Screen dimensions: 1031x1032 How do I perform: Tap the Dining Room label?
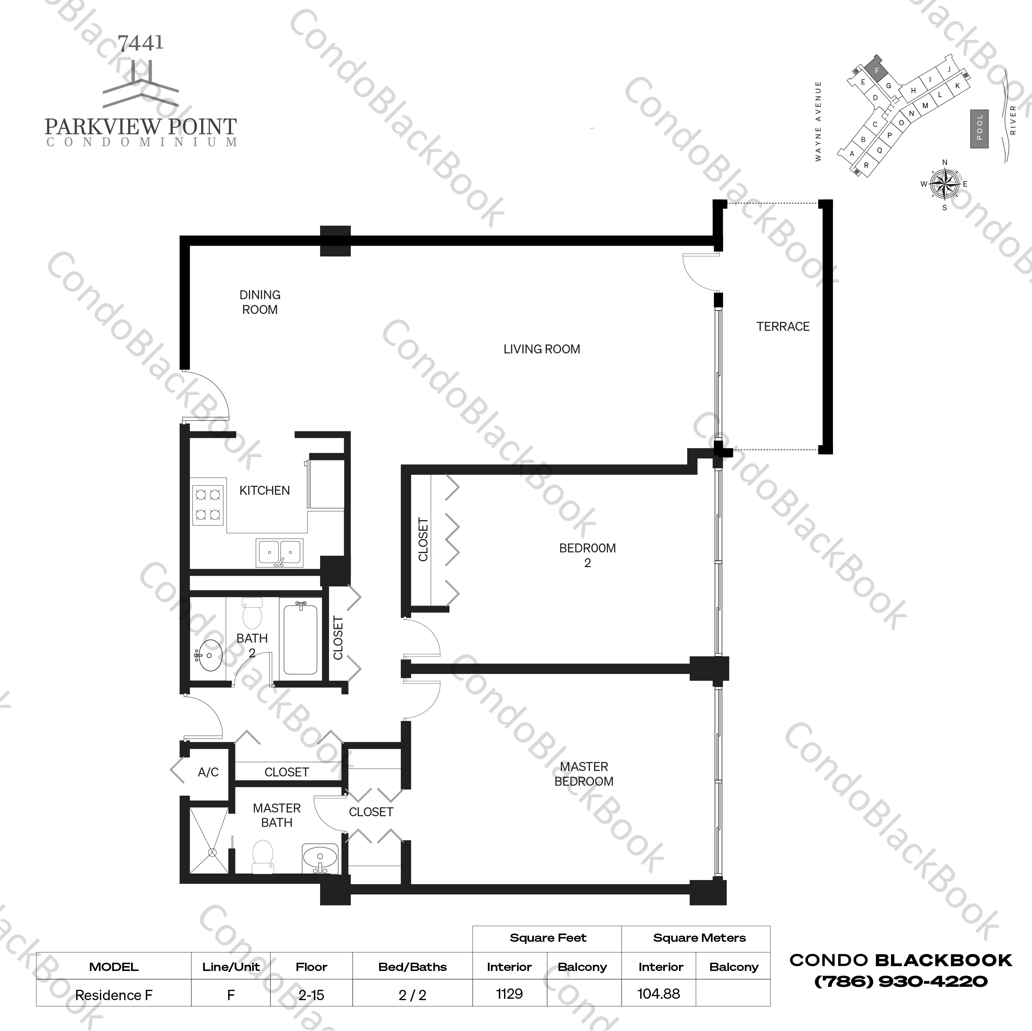(260, 302)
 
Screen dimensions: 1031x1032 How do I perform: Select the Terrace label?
(783, 326)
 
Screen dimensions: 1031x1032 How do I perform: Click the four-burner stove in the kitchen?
(208, 505)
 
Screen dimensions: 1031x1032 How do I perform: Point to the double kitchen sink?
(279, 553)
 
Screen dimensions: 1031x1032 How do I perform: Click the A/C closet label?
(208, 772)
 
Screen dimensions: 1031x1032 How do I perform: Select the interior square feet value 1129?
(509, 994)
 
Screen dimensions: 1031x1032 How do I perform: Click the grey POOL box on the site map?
(979, 129)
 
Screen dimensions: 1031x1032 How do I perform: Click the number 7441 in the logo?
(140, 43)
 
